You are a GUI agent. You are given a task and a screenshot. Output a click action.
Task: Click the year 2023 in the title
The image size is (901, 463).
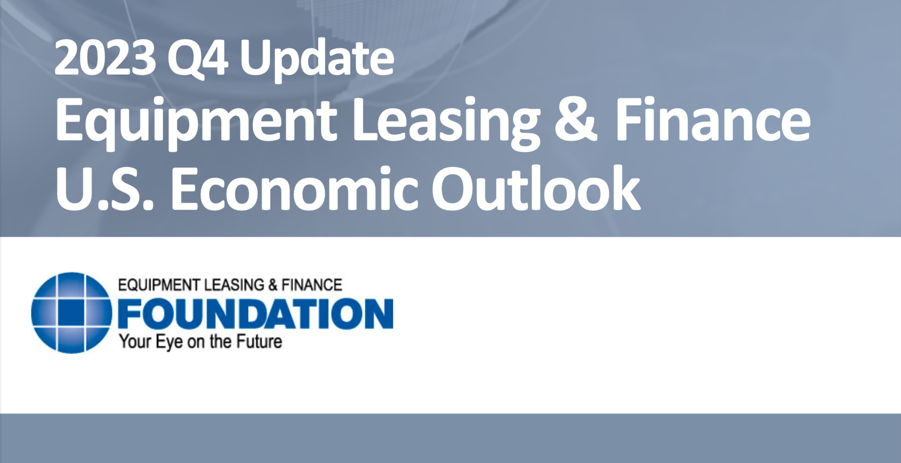(x=105, y=58)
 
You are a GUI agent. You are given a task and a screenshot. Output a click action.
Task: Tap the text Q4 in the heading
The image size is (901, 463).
(x=198, y=58)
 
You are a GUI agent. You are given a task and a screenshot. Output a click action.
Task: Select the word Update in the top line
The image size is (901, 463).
(x=317, y=58)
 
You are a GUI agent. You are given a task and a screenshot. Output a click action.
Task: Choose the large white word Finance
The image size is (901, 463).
(x=712, y=120)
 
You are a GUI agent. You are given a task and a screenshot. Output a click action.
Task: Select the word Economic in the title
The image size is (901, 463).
(x=294, y=189)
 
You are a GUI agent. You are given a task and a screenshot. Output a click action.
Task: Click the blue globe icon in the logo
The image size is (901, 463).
(x=71, y=313)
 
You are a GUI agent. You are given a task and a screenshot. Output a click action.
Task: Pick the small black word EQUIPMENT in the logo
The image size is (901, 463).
(x=159, y=285)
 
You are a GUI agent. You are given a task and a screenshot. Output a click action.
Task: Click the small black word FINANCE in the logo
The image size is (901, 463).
(x=312, y=285)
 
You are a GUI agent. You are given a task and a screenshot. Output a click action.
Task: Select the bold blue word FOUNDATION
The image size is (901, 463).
(x=255, y=314)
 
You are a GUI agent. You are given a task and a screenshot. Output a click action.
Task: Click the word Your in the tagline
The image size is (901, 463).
(x=135, y=341)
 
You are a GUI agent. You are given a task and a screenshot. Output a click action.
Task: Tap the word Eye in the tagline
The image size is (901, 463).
(x=169, y=342)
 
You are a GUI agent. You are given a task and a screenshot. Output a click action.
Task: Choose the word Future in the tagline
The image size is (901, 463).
(x=259, y=341)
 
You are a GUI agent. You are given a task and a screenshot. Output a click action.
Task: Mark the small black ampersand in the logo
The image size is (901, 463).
(x=273, y=285)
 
